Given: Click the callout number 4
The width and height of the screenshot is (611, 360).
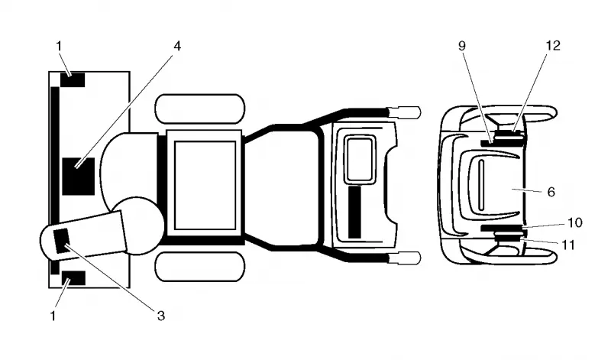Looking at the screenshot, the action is click(177, 47).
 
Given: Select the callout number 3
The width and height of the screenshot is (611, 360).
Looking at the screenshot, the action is click(161, 316).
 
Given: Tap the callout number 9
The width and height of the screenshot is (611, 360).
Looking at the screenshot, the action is click(462, 46).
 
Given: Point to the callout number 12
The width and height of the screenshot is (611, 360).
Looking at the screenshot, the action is click(553, 46).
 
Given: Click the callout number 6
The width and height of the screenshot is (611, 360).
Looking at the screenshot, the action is click(551, 192).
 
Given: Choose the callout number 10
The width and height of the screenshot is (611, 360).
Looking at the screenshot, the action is click(575, 222).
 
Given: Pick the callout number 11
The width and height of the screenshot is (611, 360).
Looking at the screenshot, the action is click(568, 245).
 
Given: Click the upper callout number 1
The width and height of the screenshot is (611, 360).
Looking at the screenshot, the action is click(59, 46).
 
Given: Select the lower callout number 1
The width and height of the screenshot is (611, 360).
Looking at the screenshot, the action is click(53, 316).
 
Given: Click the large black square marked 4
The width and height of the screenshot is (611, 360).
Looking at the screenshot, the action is click(79, 177).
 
